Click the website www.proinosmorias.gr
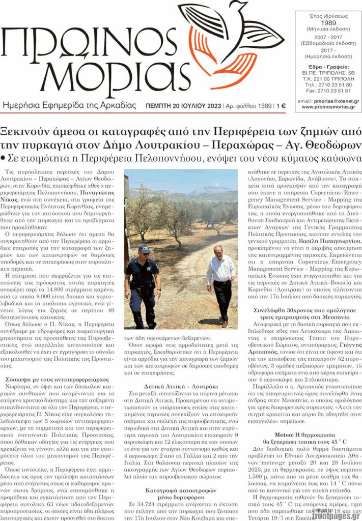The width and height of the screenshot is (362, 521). click(x=329, y=107)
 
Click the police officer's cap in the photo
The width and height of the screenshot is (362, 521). click(x=144, y=248)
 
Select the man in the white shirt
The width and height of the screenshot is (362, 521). click(x=221, y=285)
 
